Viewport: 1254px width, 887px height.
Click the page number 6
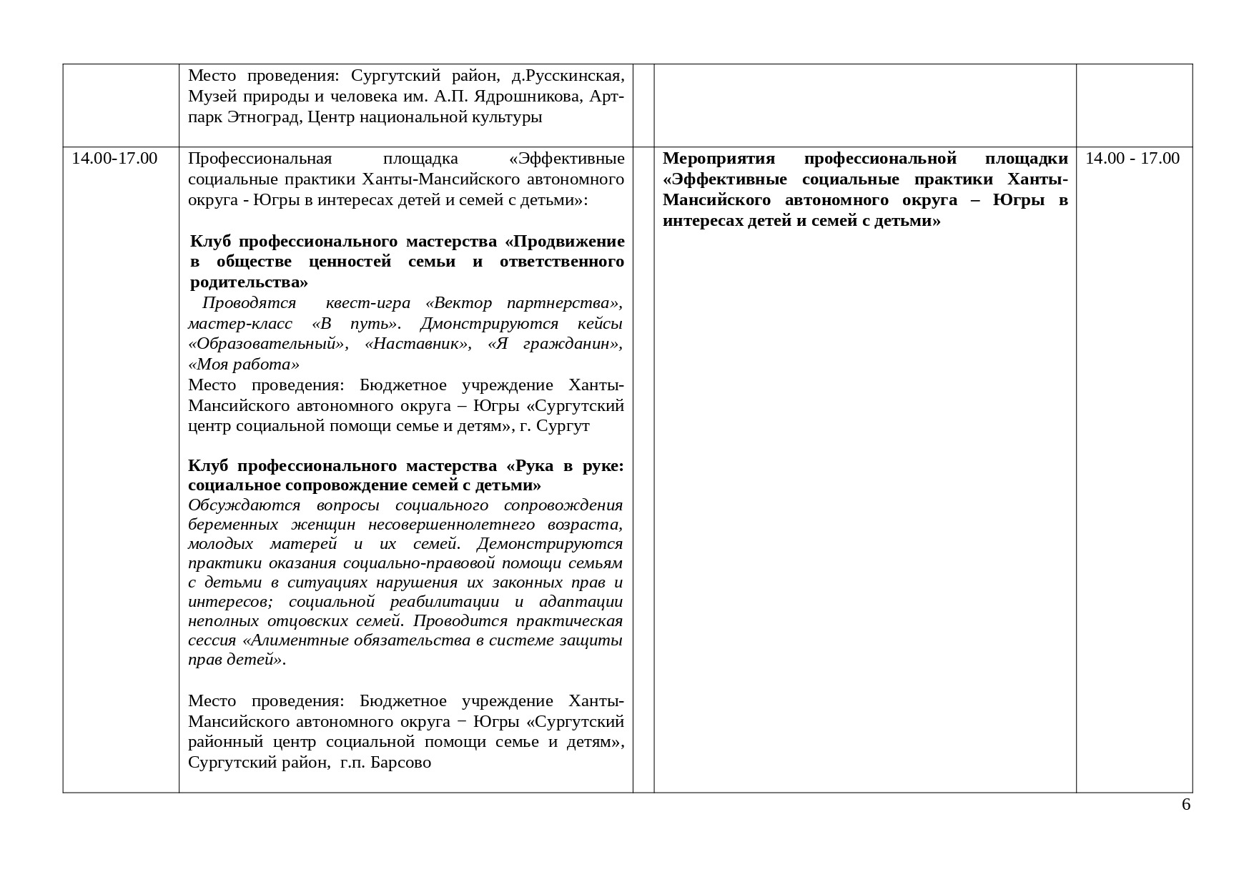pos(1186,805)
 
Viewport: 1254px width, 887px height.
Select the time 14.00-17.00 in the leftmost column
pos(114,158)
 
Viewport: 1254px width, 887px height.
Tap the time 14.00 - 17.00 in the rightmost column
pos(1132,158)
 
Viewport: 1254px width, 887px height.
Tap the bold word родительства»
pos(249,282)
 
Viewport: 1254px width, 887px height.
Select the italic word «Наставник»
pos(418,343)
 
